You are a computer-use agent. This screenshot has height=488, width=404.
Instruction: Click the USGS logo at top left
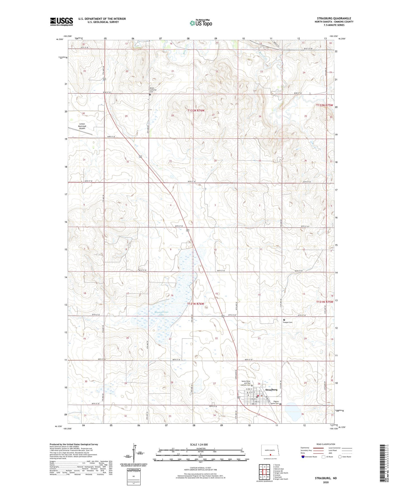click(x=62, y=22)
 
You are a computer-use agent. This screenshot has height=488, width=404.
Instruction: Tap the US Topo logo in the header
click(x=200, y=23)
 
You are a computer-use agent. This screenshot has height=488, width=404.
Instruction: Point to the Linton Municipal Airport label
click(x=82, y=126)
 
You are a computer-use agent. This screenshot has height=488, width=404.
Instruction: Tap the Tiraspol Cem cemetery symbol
click(x=284, y=320)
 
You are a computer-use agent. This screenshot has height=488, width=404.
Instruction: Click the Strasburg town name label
click(x=271, y=389)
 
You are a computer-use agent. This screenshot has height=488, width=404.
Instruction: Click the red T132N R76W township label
click(x=196, y=111)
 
